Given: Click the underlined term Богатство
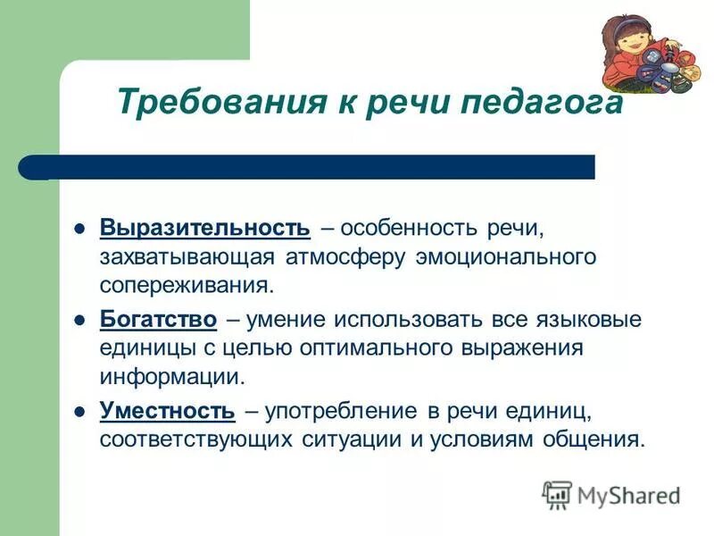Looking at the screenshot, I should point(158,319).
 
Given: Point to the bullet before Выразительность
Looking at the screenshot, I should point(79,228).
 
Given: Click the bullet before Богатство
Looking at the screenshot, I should point(79,320).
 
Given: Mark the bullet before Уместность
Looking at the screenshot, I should point(79,411).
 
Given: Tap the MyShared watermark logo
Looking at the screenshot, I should point(610,494).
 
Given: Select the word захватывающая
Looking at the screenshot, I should point(189,257).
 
